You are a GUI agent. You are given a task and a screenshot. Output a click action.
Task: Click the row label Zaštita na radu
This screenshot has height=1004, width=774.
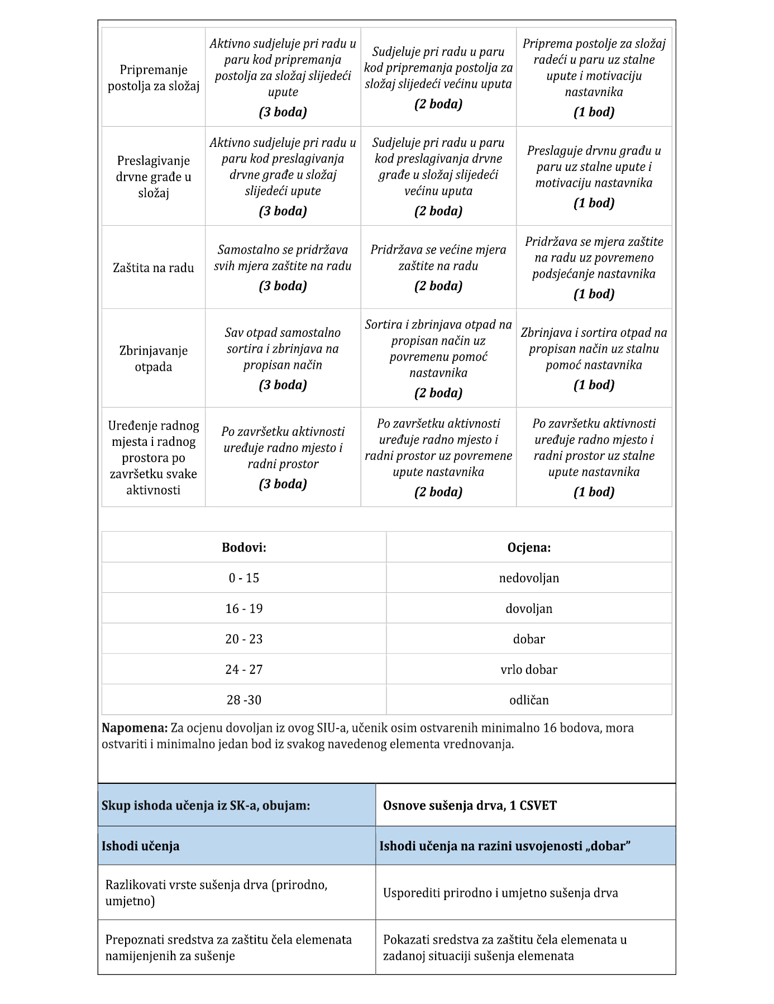(153, 268)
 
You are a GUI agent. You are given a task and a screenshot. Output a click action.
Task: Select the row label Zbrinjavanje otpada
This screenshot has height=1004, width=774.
(153, 359)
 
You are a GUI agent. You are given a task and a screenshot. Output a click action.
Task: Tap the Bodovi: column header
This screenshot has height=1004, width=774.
(244, 548)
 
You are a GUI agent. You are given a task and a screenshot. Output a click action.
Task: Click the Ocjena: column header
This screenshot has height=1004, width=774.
(529, 548)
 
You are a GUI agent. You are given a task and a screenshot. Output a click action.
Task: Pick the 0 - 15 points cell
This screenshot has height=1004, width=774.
(244, 578)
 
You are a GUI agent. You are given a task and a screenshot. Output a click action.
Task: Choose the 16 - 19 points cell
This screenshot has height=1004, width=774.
(244, 608)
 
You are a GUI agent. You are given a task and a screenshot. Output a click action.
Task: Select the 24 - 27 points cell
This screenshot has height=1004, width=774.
(244, 669)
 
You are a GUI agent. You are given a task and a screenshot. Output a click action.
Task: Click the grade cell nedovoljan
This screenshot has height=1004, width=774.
(529, 578)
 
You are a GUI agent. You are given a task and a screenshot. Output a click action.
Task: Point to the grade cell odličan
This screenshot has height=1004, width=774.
(529, 700)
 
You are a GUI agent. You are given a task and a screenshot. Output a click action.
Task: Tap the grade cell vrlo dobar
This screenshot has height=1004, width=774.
(529, 669)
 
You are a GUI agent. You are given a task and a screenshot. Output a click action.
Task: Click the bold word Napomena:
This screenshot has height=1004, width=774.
(135, 728)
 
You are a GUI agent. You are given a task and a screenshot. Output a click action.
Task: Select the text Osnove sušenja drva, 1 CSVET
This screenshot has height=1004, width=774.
(470, 806)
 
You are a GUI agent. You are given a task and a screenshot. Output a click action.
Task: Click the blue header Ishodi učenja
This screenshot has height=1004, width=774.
(141, 846)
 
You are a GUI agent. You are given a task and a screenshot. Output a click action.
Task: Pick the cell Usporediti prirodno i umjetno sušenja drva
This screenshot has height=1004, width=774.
(500, 893)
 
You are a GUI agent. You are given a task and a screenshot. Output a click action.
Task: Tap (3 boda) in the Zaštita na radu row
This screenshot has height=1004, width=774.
(283, 286)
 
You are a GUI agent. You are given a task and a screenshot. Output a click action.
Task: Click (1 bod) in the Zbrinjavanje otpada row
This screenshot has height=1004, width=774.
(594, 385)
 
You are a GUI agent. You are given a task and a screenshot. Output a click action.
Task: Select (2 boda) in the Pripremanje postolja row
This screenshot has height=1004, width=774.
(438, 104)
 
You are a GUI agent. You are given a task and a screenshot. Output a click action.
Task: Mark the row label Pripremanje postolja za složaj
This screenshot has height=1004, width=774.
(153, 78)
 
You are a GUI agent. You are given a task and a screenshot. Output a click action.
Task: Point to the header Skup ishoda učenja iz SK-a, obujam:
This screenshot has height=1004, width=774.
(206, 806)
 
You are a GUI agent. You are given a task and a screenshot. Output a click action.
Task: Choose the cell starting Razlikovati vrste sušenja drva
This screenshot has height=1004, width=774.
(216, 893)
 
